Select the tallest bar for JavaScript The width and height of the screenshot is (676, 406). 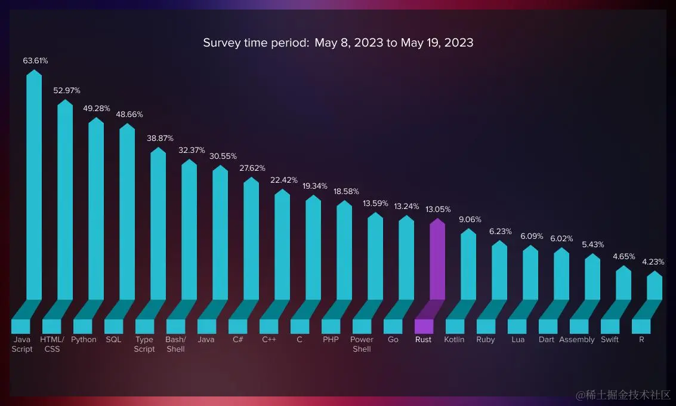pyautogui.click(x=35, y=185)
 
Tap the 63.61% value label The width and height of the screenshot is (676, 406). pyautogui.click(x=35, y=61)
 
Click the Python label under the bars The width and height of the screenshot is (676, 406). pyautogui.click(x=84, y=340)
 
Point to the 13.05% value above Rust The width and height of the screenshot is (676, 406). pyautogui.click(x=438, y=210)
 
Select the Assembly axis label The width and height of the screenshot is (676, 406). pyautogui.click(x=577, y=340)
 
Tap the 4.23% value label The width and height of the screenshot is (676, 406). pyautogui.click(x=653, y=262)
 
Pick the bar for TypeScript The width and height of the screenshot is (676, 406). pyautogui.click(x=158, y=224)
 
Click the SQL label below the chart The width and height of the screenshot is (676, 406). pyautogui.click(x=113, y=340)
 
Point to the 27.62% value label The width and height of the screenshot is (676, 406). pyautogui.click(x=252, y=168)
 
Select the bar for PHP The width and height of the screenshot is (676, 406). pyautogui.click(x=344, y=251)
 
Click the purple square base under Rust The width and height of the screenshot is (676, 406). pyautogui.click(x=424, y=326)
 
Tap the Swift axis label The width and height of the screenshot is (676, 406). pyautogui.click(x=610, y=340)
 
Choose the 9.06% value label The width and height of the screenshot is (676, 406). pyautogui.click(x=470, y=220)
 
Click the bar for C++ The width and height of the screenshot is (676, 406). pyautogui.click(x=282, y=245)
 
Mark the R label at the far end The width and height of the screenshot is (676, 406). pyautogui.click(x=641, y=340)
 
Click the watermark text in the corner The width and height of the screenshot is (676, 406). pyautogui.click(x=623, y=395)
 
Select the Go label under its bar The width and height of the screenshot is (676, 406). pyautogui.click(x=393, y=340)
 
